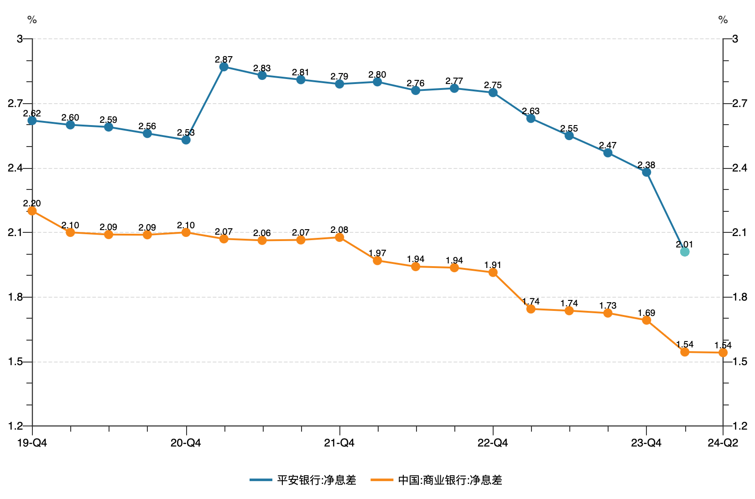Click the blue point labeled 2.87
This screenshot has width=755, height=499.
(224, 67)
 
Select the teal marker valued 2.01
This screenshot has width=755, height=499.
(684, 252)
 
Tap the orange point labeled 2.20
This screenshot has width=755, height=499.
(32, 211)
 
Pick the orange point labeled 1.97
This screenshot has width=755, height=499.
(377, 261)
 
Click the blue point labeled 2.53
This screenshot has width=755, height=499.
(186, 140)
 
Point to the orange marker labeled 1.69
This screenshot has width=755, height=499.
(646, 320)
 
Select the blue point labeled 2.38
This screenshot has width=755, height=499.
(646, 172)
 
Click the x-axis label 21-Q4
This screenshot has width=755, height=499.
(339, 443)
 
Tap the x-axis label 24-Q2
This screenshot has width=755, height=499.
(723, 443)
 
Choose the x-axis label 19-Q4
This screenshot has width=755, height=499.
(32, 443)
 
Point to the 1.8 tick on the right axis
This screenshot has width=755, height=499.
(739, 297)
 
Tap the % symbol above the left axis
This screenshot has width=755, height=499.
(32, 20)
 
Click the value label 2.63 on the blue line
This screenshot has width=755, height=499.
(531, 111)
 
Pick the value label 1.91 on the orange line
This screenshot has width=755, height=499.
(493, 265)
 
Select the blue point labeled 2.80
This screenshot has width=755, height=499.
(377, 82)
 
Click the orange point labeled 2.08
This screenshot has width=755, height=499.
(339, 237)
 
